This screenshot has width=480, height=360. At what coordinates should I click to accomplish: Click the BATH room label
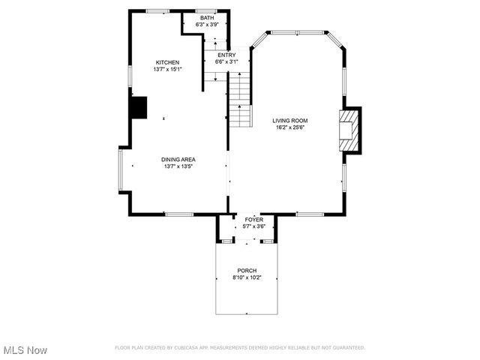click(207, 18)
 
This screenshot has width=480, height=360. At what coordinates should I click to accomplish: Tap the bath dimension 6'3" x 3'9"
click(207, 25)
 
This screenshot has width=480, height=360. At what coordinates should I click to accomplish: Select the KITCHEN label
click(167, 62)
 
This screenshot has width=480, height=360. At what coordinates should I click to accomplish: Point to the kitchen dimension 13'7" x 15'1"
click(167, 69)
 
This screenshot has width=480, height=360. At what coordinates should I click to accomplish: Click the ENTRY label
click(226, 55)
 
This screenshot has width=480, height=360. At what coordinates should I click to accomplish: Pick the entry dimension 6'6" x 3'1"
click(226, 62)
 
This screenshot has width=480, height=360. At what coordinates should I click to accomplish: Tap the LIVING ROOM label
click(290, 120)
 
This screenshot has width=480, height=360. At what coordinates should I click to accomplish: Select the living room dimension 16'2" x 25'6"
click(290, 127)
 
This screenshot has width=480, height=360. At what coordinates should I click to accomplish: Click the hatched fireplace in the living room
click(349, 131)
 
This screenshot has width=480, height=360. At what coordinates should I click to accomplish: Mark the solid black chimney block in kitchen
click(139, 108)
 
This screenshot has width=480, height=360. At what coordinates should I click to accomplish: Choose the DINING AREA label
click(178, 159)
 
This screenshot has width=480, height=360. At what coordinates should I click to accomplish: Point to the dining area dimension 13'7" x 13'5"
click(178, 166)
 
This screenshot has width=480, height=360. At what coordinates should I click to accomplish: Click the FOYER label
click(254, 220)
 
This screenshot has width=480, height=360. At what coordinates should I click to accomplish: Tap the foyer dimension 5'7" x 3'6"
click(254, 226)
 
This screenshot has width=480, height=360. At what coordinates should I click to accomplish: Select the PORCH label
click(247, 271)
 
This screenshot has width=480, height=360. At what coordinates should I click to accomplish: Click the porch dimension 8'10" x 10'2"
click(247, 278)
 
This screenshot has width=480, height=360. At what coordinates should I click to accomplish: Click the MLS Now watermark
click(25, 350)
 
